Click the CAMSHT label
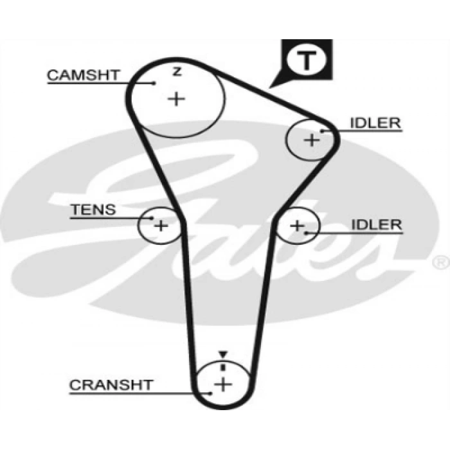pos(83,75)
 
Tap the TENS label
pos(93,209)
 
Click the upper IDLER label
pos(375,123)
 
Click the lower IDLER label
pos(376,224)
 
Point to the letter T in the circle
pos(307,61)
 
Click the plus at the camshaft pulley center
pos(176,99)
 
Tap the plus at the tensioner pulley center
pos(161,226)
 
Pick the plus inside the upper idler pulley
pos(311,139)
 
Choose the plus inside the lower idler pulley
pos(297,225)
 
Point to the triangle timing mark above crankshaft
pos(222,354)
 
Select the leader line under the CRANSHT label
pos(129,393)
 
